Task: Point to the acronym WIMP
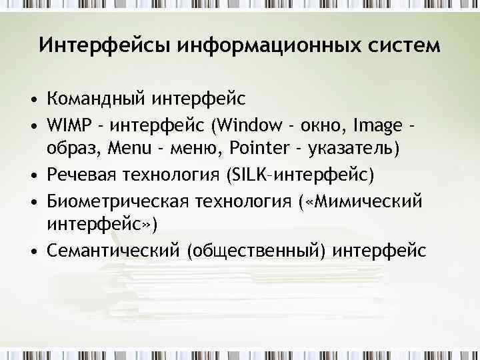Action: (68, 124)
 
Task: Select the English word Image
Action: (377, 124)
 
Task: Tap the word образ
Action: (71, 148)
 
